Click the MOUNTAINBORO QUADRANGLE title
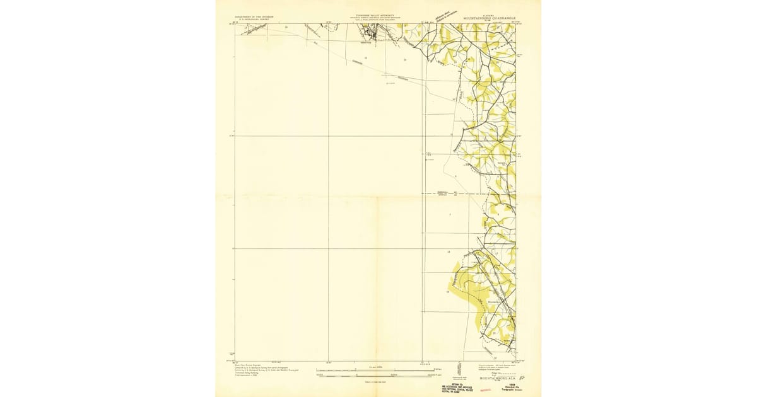tap(490, 19)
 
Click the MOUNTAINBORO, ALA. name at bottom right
tap(498, 378)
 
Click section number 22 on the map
tap(366, 59)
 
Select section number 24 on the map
tap(404, 60)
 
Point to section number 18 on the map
tap(449, 252)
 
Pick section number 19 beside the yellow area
tap(448, 292)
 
